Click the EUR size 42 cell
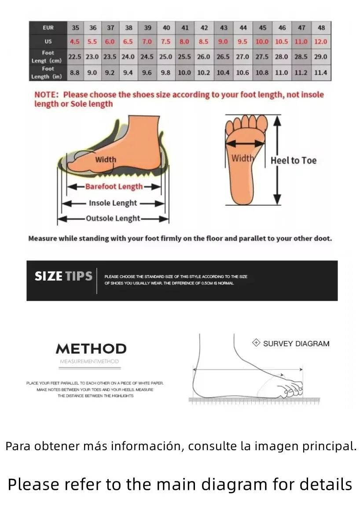tap(204, 28)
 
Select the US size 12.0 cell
tap(321, 42)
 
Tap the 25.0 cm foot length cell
tap(166, 57)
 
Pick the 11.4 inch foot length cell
tap(321, 73)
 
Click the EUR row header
tap(48, 28)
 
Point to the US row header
tap(48, 42)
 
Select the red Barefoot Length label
tap(114, 186)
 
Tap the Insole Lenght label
tap(113, 203)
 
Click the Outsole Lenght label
tap(113, 218)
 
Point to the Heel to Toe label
tap(294, 161)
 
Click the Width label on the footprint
tap(242, 158)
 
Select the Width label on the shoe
tap(106, 159)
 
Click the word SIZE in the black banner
tap(48, 276)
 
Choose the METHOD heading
tap(91, 349)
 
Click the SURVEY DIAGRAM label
tap(296, 344)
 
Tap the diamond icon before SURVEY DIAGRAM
tap(256, 343)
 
